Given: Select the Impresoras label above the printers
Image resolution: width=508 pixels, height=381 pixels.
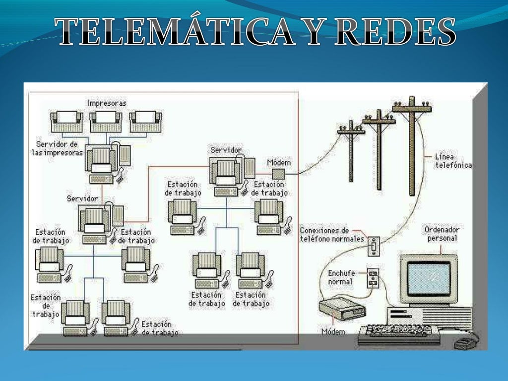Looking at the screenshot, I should pos(106,103).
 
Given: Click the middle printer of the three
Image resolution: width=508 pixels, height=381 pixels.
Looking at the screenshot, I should pos(106,121).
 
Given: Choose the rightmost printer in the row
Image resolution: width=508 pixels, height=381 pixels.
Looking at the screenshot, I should pos(145,121).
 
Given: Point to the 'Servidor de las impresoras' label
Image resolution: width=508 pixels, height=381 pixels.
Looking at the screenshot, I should pos(59,148).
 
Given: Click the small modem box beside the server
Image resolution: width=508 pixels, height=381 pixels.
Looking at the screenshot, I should pos(278,174).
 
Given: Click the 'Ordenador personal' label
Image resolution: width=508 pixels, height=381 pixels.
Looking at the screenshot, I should pos(442,234).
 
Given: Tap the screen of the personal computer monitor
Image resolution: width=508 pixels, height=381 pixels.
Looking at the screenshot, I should pos(429,278).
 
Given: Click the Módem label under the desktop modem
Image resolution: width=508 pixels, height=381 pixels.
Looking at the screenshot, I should pos(333,331).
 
